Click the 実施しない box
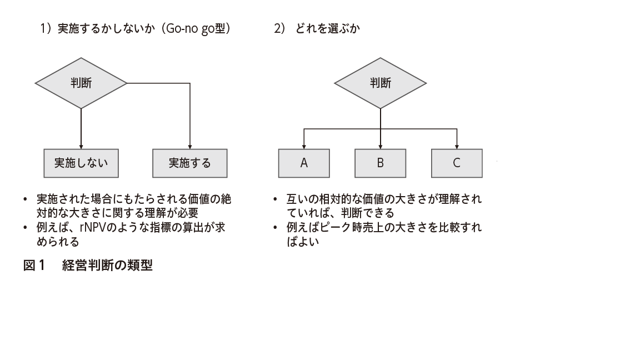pos(81,163)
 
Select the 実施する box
pos(190,163)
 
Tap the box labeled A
pos(304,163)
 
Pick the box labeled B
pos(381,163)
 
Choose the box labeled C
pos(457,163)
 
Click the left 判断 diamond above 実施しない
pos(81,83)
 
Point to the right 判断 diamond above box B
pos(381,83)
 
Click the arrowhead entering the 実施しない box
pos(81,147)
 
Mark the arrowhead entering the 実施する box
pos(190,147)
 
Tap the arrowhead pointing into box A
pos(304,147)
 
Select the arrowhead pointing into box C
pos(457,147)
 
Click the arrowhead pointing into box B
pos(381,147)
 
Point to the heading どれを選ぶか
pos(327,28)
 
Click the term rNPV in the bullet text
pos(93,227)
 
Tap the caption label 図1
pos(34,266)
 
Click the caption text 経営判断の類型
pos(107,266)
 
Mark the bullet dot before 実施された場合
pos(26,199)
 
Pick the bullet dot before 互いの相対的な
pos(275,199)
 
